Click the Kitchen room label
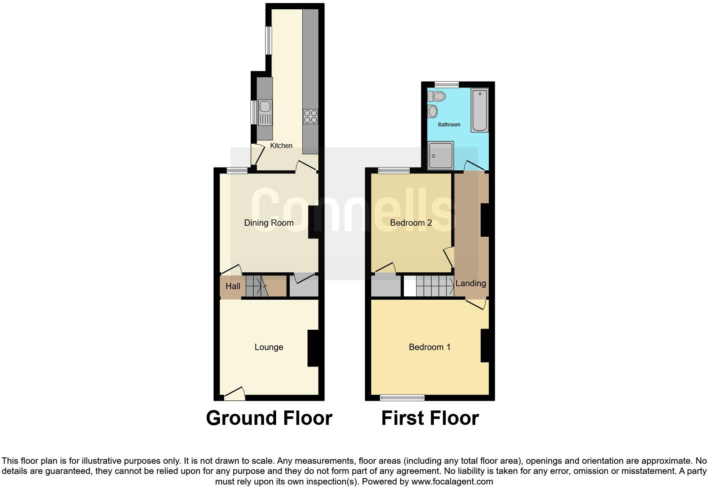281,145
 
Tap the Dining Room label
269,223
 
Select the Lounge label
269,347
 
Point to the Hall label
233,286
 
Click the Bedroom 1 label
429,347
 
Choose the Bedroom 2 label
411,223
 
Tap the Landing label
470,283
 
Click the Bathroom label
449,125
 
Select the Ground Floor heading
269,418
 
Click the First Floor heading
430,418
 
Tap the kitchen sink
265,107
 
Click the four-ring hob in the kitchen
310,116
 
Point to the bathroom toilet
437,96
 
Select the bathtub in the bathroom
480,109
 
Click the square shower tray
440,156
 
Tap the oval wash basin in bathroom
433,112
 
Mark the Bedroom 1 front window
402,397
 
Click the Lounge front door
235,394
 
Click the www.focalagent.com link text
452,482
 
